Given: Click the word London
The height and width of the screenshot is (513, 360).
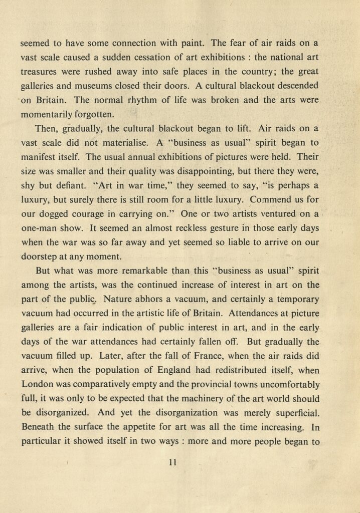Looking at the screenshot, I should coord(38,384).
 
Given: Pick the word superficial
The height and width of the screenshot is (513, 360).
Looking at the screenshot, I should coord(291,413).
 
